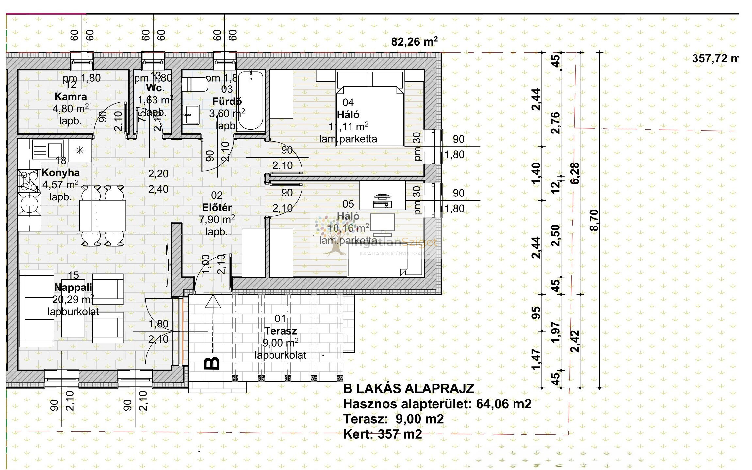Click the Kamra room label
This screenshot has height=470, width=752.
point(71,97)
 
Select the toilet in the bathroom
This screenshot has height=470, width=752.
point(195,84)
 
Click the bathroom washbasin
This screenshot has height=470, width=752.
point(191,114)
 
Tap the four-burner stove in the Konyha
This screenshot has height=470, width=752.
point(28,181)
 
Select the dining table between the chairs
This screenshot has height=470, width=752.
point(103,215)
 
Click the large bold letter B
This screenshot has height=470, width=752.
point(212,363)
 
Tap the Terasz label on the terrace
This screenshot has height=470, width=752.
point(281,331)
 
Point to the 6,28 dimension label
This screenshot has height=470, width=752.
point(575,173)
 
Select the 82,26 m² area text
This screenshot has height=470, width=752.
point(414,42)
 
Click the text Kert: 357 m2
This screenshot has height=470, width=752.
point(383,434)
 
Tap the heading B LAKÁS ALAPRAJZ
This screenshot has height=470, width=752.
point(409,389)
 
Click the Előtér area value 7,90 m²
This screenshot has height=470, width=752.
point(217,219)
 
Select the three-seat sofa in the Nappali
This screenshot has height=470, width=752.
point(36,308)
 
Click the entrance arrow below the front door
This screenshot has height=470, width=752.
point(213,302)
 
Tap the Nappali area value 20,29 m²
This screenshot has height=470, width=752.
point(73,299)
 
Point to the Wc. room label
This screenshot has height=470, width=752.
point(155,88)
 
